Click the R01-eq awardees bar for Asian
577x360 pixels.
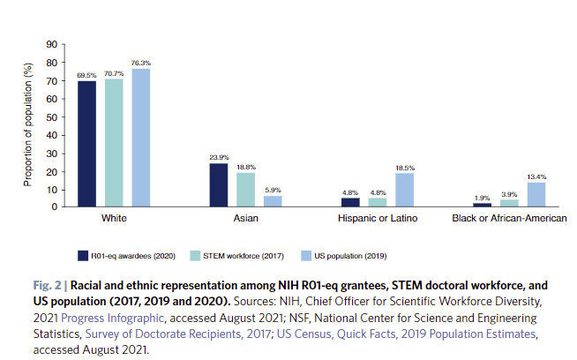point(219,184)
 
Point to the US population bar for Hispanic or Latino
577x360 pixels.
point(404,190)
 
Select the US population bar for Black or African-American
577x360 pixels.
point(536,194)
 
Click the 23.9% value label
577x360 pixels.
point(218,156)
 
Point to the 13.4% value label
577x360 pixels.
point(536,176)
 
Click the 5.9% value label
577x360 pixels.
point(272,190)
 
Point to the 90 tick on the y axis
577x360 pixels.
point(52,44)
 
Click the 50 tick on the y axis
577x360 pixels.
point(52,116)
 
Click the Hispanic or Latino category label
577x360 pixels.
point(378,218)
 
